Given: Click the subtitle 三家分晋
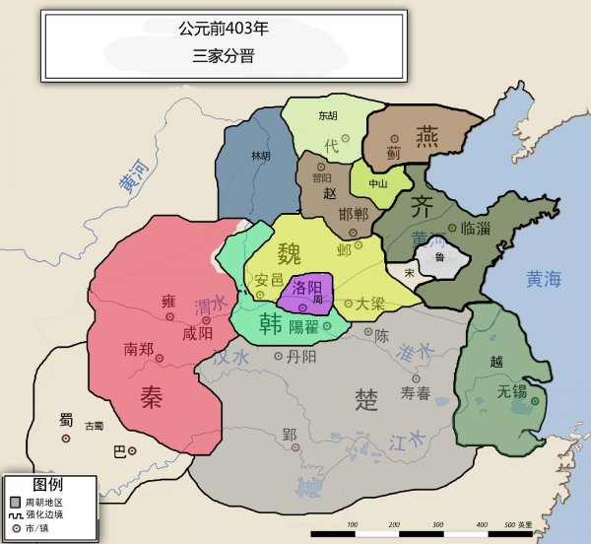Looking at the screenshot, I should coord(224,56).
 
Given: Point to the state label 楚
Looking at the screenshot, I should coord(366,399).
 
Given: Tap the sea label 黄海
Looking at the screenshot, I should coord(543,278).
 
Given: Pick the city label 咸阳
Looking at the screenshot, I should coord(197,333).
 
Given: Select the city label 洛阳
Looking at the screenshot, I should coord(304,289).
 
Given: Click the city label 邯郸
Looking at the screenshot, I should coord(353,215).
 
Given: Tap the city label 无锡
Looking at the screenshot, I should coord(512,391).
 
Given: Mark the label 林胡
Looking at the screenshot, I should coord(261,156).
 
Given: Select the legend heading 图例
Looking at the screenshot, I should coord(48,485).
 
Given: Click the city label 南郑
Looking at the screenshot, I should coord(139,349).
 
